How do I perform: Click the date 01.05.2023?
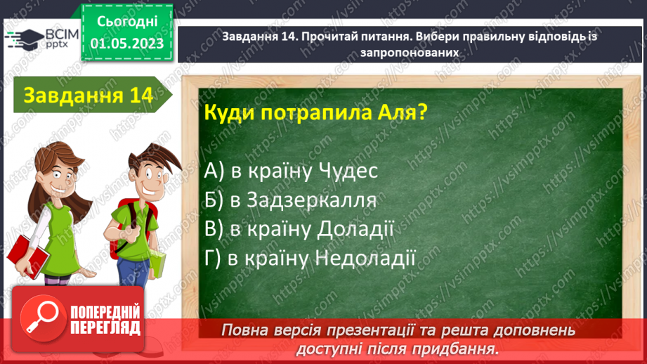pos(126,44)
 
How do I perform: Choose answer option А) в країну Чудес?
pos(292,171)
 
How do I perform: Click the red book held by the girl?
pos(27,252)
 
